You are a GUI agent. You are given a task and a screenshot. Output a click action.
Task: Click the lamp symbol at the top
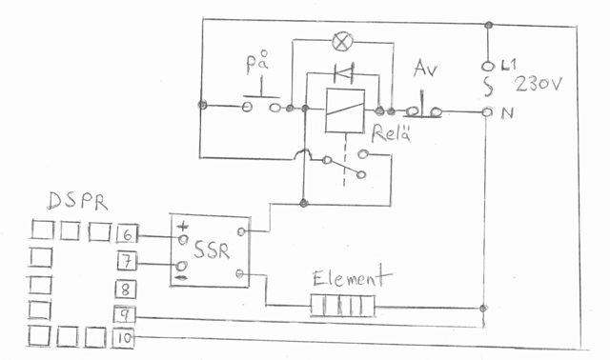tap(342, 41)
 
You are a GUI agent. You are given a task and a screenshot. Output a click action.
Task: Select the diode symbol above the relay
tap(344, 72)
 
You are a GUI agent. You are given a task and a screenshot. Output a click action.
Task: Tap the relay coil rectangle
tap(345, 110)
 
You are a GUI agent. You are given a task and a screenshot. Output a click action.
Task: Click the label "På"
tap(257, 62)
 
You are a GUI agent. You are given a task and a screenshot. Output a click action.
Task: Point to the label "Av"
tap(426, 69)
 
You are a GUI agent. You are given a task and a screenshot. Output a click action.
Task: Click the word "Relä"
tap(391, 133)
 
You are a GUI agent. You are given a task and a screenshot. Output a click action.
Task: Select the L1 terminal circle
tap(487, 67)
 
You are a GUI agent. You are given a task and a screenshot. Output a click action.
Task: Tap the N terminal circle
tap(487, 112)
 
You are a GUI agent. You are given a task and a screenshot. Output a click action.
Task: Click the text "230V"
tap(539, 84)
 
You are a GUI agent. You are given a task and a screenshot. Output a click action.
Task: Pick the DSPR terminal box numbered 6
tap(127, 234)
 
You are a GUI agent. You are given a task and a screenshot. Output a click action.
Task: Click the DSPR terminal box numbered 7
tap(127, 261)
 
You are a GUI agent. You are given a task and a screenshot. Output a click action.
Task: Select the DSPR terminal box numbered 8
tap(125, 290)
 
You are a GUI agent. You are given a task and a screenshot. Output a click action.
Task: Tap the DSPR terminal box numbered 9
tap(124, 314)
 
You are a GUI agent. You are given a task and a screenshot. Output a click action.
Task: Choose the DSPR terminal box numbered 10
tap(123, 338)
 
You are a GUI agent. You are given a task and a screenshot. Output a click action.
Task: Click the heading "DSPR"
tap(76, 201)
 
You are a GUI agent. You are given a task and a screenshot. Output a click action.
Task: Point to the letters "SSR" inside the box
tap(212, 250)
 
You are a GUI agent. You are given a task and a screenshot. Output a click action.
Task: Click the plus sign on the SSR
tap(183, 227)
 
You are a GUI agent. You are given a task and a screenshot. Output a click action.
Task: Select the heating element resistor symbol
tap(343, 305)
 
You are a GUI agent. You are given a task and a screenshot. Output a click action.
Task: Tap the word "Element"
tap(352, 276)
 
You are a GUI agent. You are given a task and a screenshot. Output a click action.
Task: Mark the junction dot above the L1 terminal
tap(489, 26)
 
